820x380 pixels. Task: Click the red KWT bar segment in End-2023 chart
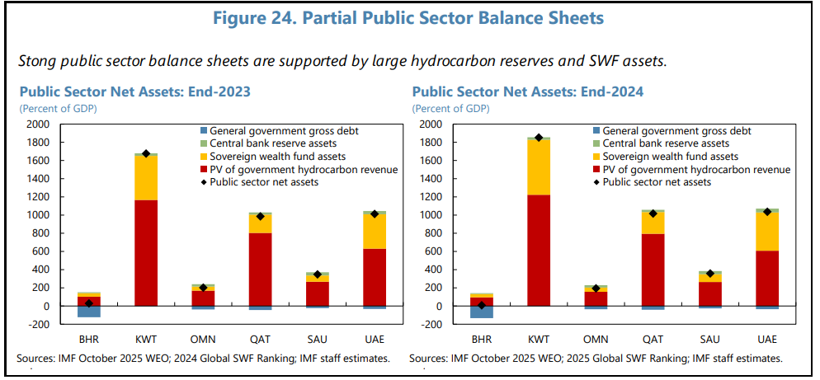[146, 252]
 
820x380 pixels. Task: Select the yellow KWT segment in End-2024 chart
[539, 167]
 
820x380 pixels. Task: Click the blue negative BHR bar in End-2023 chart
[89, 311]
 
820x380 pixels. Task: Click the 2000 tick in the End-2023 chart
[39, 124]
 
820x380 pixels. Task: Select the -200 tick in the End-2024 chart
[431, 324]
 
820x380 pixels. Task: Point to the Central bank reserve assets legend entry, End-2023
[265, 143]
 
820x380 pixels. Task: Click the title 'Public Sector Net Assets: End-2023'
[135, 91]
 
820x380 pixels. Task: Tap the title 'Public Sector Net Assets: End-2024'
[528, 91]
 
